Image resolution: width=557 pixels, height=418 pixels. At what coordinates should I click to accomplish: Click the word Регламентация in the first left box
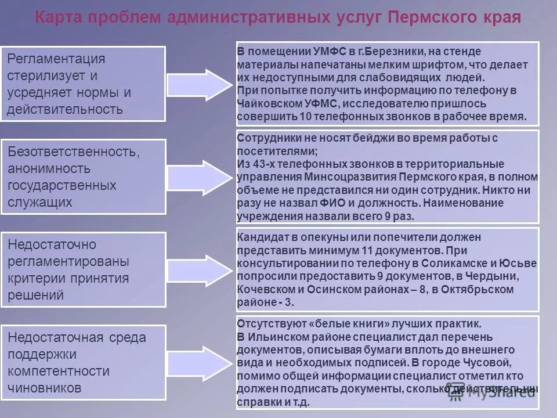click(x=56, y=59)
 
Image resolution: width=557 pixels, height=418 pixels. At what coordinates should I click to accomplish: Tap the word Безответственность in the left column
click(x=73, y=152)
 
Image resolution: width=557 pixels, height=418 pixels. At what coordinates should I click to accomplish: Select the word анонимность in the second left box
click(x=49, y=169)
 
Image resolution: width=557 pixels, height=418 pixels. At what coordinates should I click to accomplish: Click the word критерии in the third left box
click(x=37, y=278)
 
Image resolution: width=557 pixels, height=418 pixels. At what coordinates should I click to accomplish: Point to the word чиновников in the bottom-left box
click(x=45, y=387)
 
